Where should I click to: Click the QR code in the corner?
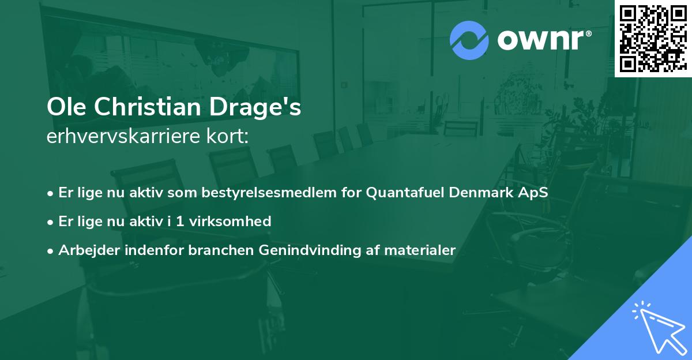coord(653,39)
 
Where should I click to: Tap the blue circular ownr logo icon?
coord(469,40)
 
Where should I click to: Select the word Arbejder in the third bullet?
coord(85,250)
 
